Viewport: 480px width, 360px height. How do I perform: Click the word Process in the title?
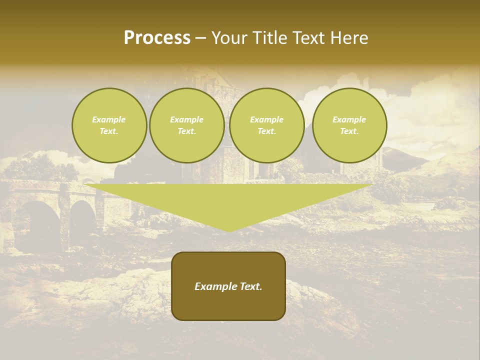pyautogui.click(x=157, y=38)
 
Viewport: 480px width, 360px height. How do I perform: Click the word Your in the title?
pyautogui.click(x=229, y=38)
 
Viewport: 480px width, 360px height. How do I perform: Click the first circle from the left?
pyautogui.click(x=109, y=125)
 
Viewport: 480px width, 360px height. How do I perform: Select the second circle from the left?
pyautogui.click(x=186, y=125)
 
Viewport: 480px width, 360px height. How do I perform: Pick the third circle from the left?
pyautogui.click(x=266, y=125)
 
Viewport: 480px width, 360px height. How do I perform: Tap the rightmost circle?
pyautogui.click(x=349, y=125)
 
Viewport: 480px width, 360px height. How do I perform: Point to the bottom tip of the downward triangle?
pyautogui.click(x=229, y=230)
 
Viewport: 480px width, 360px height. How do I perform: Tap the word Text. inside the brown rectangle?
pyautogui.click(x=250, y=286)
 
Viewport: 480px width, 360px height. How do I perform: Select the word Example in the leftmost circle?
pyautogui.click(x=109, y=119)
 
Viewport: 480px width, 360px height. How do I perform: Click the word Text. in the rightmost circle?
pyautogui.click(x=349, y=131)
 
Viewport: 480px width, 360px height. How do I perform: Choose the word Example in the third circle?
pyautogui.click(x=266, y=119)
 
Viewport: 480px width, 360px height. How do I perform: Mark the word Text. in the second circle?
pyautogui.click(x=186, y=131)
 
